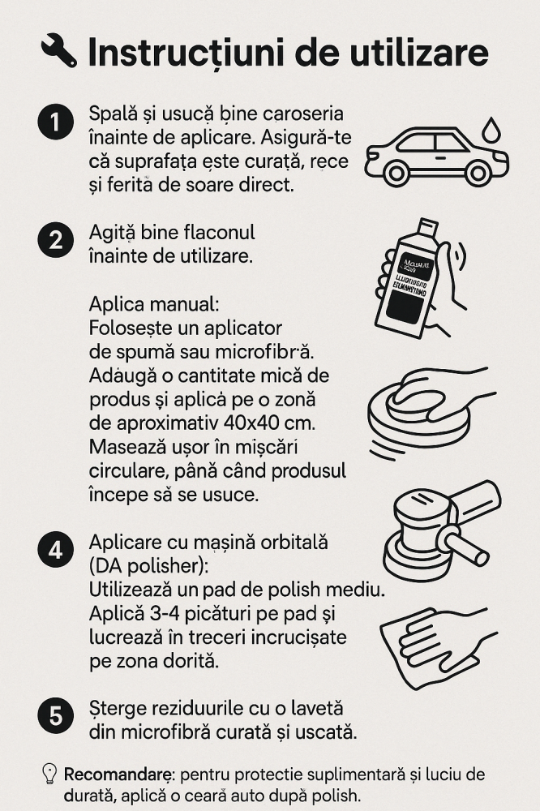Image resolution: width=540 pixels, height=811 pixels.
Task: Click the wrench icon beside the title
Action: [58, 50]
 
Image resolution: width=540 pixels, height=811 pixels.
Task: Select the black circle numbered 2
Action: [55, 239]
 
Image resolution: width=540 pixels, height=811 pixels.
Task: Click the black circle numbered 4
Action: [55, 549]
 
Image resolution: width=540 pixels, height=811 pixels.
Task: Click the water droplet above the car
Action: [491, 129]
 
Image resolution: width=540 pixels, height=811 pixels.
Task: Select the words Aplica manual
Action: [153, 305]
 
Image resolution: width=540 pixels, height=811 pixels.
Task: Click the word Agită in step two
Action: [113, 233]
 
